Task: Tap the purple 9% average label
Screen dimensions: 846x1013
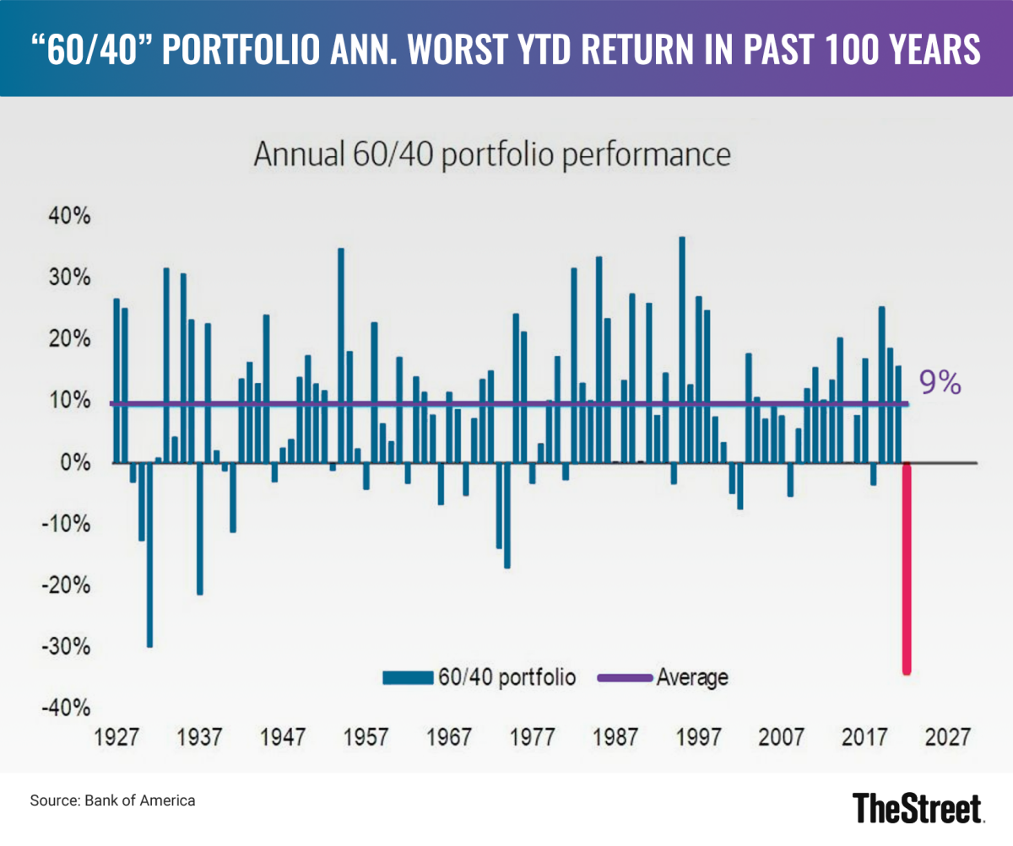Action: coord(940,384)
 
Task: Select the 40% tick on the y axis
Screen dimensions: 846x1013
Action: coord(62,217)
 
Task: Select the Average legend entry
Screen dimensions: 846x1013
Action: coord(663,677)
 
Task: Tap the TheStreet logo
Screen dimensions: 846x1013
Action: coord(918,807)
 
